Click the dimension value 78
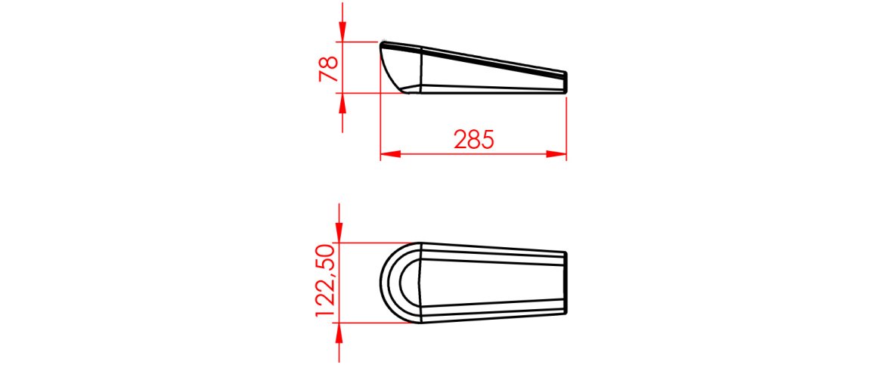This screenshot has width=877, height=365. (329, 69)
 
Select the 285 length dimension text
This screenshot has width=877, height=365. (474, 139)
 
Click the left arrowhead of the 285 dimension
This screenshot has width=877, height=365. (390, 153)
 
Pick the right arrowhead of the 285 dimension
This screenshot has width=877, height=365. (556, 153)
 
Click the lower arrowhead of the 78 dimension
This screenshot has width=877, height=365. (342, 102)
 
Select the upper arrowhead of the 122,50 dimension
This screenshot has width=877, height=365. (339, 233)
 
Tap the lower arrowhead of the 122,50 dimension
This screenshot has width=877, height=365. (339, 333)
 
